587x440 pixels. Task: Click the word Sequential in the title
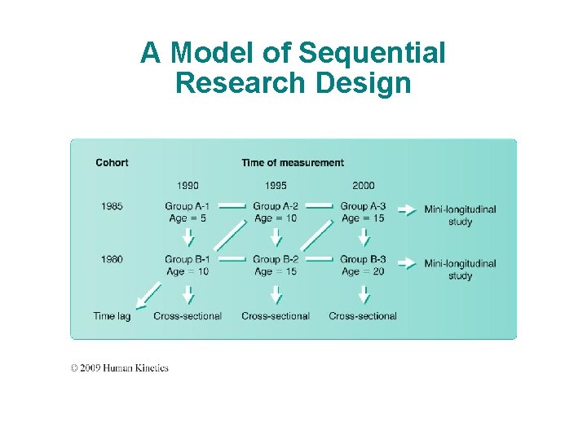[x=372, y=54]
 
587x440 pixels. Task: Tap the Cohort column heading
[x=112, y=163]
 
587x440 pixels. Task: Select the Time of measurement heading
[x=293, y=163]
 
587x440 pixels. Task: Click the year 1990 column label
[x=188, y=186]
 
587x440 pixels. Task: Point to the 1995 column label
[x=276, y=186]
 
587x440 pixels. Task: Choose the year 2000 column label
[x=363, y=186]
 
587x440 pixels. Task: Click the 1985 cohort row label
[x=113, y=207]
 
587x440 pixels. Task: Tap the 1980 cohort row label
[x=113, y=259]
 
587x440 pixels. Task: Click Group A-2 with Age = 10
[x=276, y=212]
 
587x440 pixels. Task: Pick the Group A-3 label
[x=363, y=207]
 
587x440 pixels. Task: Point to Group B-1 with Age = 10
[x=188, y=265]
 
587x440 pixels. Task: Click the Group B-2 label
[x=276, y=260]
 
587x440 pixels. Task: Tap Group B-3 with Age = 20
[x=363, y=265]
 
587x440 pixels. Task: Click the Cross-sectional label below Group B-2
[x=276, y=316]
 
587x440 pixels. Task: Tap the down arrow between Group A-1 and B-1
[x=188, y=237]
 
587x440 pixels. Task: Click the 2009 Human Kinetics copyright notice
[x=119, y=368]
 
